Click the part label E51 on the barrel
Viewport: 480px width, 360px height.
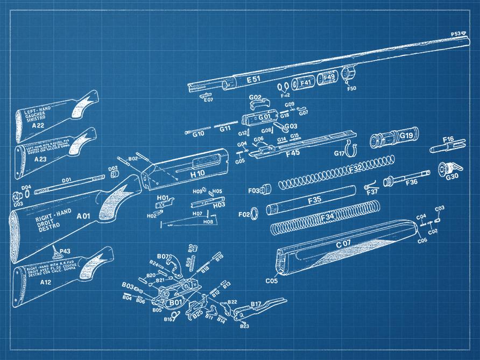(253, 80)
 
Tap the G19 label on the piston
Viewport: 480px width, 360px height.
(406, 136)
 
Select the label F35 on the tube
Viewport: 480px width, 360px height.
(314, 200)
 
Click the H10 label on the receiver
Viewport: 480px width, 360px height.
(197, 173)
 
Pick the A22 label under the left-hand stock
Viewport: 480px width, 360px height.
(38, 125)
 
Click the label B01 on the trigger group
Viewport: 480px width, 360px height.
(175, 303)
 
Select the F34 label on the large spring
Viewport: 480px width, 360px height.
(327, 217)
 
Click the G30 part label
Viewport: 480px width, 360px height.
(452, 176)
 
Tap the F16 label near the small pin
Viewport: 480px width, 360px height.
(448, 139)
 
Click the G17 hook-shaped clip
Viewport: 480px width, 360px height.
(350, 145)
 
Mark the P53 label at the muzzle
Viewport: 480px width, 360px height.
(456, 33)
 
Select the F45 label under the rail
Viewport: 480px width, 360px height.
(293, 154)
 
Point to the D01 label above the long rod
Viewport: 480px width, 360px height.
(66, 179)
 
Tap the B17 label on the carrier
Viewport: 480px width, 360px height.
(256, 304)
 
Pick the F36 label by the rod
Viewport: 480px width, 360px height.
(411, 182)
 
